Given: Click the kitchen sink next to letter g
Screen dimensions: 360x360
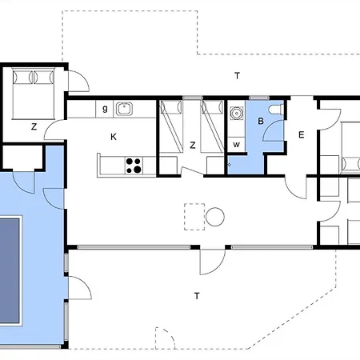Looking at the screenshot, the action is coord(124,109).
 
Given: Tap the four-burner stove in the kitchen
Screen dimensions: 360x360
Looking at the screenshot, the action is coord(134,166).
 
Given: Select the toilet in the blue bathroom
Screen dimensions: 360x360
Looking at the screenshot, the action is coord(276,110).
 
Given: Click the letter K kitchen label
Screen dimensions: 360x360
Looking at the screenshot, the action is coord(114,137).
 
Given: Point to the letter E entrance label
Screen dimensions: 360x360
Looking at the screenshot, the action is coord(302,134).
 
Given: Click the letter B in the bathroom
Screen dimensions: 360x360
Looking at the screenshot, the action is coord(261,121).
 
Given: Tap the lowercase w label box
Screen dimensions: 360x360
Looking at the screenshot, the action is coord(236,145).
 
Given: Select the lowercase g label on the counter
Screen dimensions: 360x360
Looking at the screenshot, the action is coord(105,109).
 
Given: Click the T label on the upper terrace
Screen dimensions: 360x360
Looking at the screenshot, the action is coord(237,76).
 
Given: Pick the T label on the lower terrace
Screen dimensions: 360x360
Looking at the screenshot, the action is coord(197,296).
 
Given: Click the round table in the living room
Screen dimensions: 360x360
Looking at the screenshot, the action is coord(215,217).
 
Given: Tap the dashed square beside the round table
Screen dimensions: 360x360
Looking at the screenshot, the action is coord(194,217).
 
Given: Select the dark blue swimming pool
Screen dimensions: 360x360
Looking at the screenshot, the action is coord(10,270).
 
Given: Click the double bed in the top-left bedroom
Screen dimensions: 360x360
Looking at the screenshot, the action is coord(34,94).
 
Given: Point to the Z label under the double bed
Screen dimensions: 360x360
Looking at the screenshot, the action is coord(34,126).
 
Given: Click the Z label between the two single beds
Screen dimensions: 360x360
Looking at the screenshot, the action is coord(193,145).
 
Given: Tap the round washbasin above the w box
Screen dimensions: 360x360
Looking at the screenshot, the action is coord(236,113).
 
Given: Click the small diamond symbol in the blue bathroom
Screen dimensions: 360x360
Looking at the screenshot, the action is coord(229,165).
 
